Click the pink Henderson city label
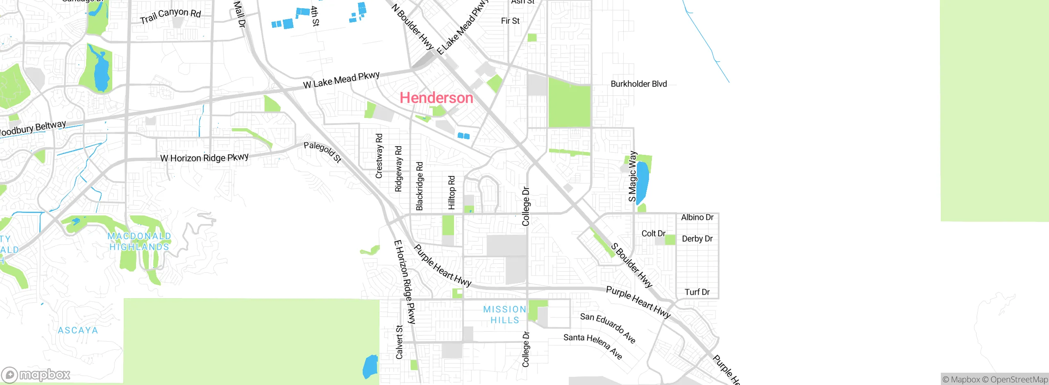[436, 98]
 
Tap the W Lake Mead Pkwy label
[341, 80]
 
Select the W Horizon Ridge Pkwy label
[204, 158]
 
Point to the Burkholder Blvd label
[638, 84]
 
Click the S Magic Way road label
[633, 176]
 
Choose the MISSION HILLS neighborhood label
[504, 315]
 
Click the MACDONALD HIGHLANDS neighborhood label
[139, 241]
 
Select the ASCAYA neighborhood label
[78, 330]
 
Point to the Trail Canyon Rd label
[170, 16]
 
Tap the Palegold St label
[322, 152]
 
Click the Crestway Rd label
[379, 156]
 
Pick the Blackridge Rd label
[419, 186]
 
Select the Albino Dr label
[697, 217]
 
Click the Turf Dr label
[697, 292]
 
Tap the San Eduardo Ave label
[608, 328]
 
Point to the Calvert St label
[399, 342]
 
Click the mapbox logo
[36, 374]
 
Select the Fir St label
[510, 21]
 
